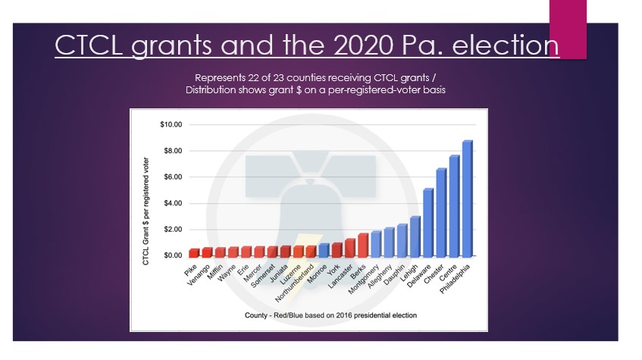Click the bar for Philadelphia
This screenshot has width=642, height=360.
pos(467,199)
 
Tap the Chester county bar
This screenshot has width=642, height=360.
pos(441,213)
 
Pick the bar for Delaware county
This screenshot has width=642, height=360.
pos(428,223)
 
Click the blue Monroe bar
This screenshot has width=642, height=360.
pos(324,250)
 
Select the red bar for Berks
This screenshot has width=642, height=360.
pos(363,245)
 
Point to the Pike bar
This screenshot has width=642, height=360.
pos(194,252)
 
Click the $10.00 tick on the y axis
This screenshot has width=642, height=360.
pos(177,124)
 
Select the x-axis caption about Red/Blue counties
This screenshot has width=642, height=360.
pos(308,315)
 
